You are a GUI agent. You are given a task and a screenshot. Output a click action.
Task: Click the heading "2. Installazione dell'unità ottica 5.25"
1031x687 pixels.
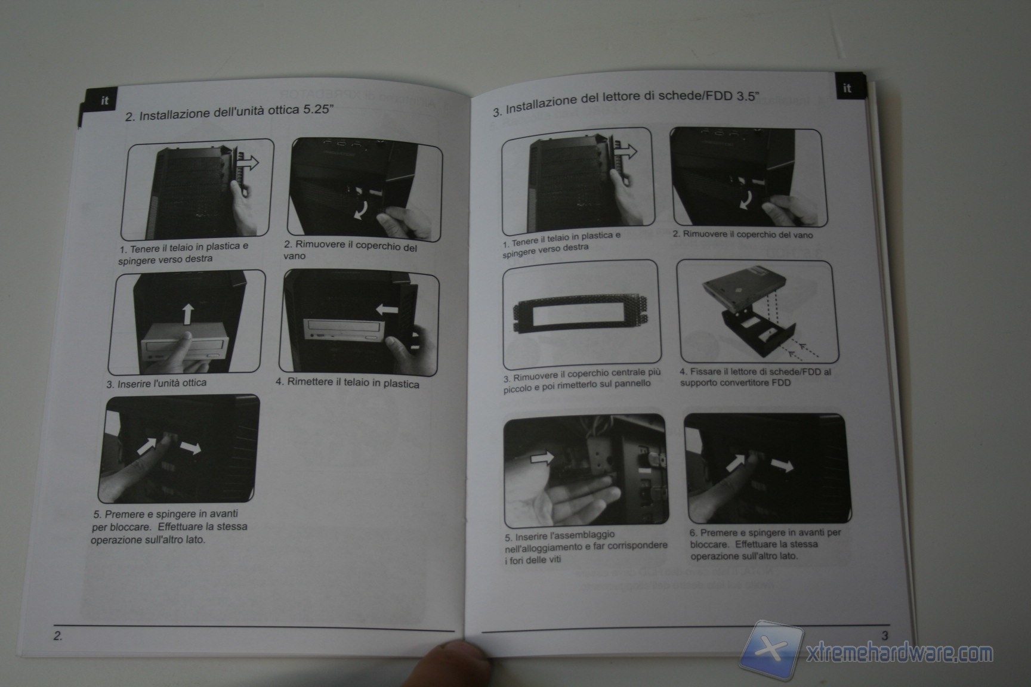[229, 112]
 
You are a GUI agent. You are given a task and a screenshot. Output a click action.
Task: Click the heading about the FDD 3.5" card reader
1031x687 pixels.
[626, 101]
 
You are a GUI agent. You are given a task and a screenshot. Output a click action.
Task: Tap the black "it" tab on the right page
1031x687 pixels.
[849, 88]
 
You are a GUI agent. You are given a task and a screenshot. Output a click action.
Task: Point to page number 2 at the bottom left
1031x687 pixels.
[57, 636]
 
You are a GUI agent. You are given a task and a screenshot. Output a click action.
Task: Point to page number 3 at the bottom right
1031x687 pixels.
[885, 636]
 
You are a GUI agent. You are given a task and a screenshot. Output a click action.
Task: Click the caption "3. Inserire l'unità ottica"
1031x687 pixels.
[156, 383]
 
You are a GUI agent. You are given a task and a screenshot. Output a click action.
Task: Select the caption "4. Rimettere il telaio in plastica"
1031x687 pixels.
[347, 382]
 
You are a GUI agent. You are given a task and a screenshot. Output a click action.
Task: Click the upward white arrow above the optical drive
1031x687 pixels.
[188, 314]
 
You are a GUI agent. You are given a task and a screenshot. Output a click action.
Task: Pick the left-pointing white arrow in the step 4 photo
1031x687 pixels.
[387, 310]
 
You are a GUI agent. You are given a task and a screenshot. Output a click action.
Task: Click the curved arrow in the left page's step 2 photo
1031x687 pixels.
[360, 209]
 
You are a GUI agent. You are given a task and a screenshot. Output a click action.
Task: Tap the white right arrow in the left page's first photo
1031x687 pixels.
[248, 161]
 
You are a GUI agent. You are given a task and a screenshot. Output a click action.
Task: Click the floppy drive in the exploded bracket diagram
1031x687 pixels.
[740, 289]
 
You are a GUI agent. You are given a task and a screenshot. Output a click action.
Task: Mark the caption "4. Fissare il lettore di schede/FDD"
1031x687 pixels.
[755, 377]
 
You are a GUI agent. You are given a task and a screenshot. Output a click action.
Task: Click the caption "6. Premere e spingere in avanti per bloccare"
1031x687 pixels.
[765, 544]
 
